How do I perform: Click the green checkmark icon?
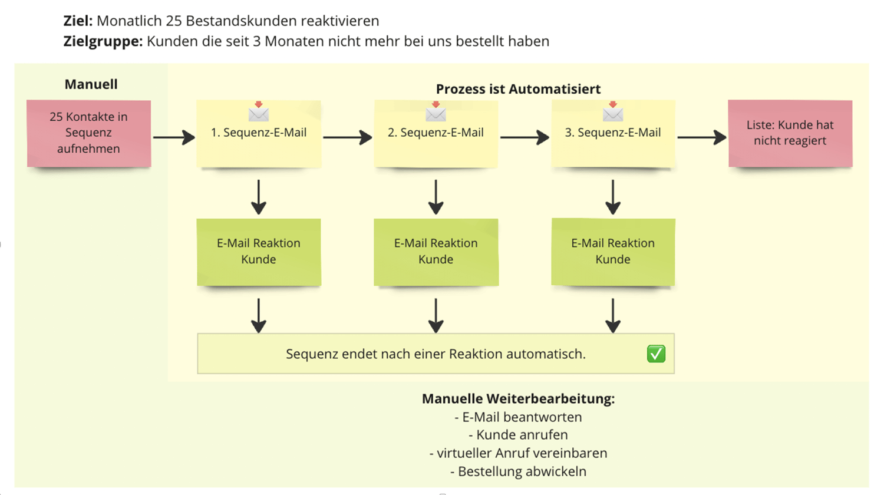tap(656, 354)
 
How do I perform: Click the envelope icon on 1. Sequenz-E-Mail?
tap(259, 113)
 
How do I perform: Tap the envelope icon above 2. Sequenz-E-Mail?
tap(436, 113)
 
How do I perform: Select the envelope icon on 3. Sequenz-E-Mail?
tap(613, 113)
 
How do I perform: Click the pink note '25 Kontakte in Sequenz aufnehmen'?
tap(88, 133)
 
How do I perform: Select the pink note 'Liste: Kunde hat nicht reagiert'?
tap(790, 133)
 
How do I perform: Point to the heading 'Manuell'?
tap(91, 84)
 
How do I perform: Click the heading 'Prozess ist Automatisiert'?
tap(518, 89)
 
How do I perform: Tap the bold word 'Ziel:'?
tap(78, 21)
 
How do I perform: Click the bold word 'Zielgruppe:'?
tap(103, 41)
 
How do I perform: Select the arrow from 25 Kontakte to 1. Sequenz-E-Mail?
tap(174, 137)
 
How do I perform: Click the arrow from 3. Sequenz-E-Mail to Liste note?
tap(701, 137)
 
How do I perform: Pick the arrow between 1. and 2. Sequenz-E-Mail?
tap(348, 137)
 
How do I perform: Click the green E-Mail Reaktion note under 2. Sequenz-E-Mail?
tap(436, 252)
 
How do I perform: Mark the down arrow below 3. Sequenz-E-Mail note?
tap(613, 197)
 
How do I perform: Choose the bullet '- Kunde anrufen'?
tap(518, 435)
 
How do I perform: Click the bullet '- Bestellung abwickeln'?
tap(518, 471)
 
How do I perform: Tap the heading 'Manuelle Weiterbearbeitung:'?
tap(518, 399)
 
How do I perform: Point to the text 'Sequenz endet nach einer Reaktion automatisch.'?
tap(436, 354)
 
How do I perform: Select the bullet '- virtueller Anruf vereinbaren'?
tap(518, 453)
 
